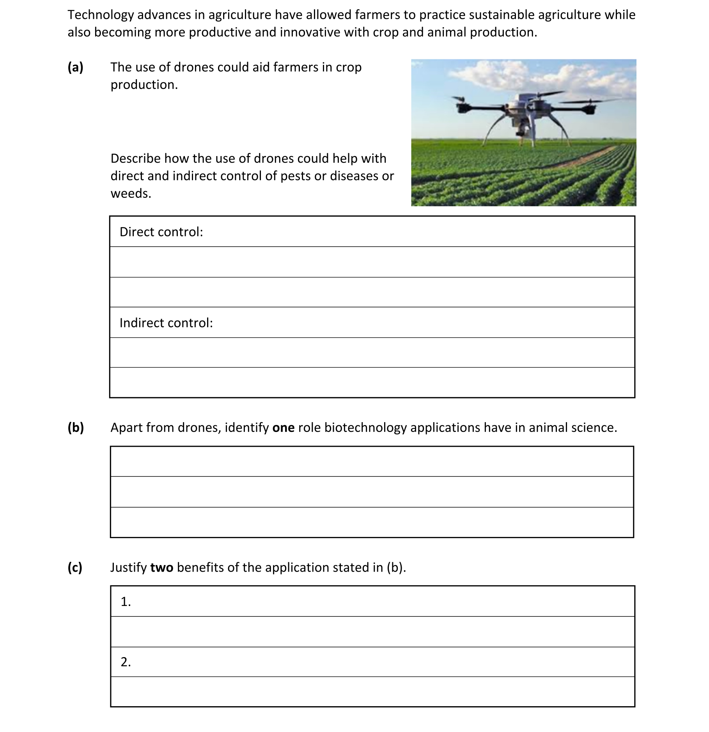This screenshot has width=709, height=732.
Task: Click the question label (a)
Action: (75, 68)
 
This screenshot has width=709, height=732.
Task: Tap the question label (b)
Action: (76, 428)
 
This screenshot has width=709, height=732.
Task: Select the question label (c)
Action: (75, 567)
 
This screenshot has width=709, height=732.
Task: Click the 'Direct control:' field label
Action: (161, 232)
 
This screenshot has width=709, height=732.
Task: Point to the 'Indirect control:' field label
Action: (166, 323)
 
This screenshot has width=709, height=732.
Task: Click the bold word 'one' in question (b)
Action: (283, 428)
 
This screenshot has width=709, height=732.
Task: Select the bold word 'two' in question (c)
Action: (161, 568)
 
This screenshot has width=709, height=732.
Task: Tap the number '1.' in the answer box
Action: (126, 602)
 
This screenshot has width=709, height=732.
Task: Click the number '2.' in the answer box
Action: (126, 662)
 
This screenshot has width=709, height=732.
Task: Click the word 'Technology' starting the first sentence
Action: (101, 15)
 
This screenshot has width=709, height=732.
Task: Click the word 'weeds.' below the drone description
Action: (131, 194)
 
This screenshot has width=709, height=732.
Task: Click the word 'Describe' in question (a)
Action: (136, 159)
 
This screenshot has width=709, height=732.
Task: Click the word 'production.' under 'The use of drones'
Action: (144, 85)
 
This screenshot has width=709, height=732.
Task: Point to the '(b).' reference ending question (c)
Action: (396, 568)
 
